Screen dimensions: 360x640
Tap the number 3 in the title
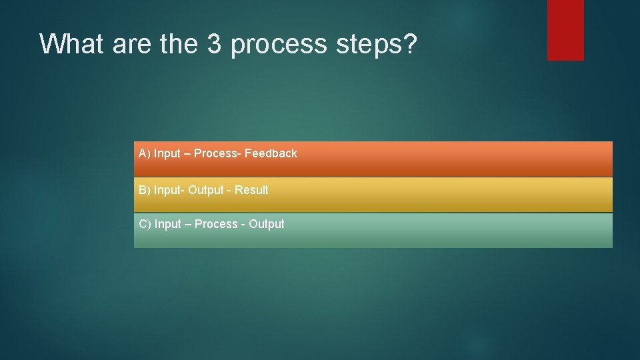click(x=215, y=44)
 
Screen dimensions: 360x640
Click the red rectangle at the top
click(x=565, y=30)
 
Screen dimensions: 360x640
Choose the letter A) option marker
click(x=144, y=153)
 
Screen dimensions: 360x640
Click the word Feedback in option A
click(x=271, y=153)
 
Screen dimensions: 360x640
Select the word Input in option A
click(x=167, y=153)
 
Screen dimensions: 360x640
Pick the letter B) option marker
click(x=144, y=190)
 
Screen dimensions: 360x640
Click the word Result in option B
click(x=251, y=190)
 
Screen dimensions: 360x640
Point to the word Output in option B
click(x=205, y=190)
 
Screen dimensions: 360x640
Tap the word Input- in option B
click(x=169, y=190)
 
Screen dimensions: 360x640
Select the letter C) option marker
click(x=145, y=224)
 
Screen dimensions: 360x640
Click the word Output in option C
click(x=267, y=224)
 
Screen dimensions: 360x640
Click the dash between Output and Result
click(x=229, y=191)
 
